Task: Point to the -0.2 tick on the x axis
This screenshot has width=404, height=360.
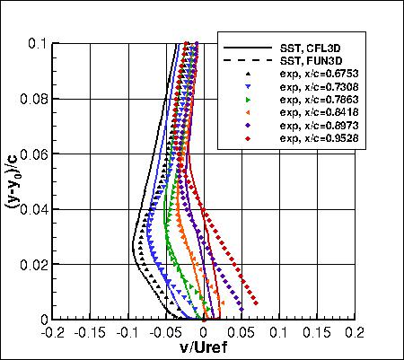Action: [x=55, y=330]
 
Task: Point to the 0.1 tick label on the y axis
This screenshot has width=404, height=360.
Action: [x=41, y=43]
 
